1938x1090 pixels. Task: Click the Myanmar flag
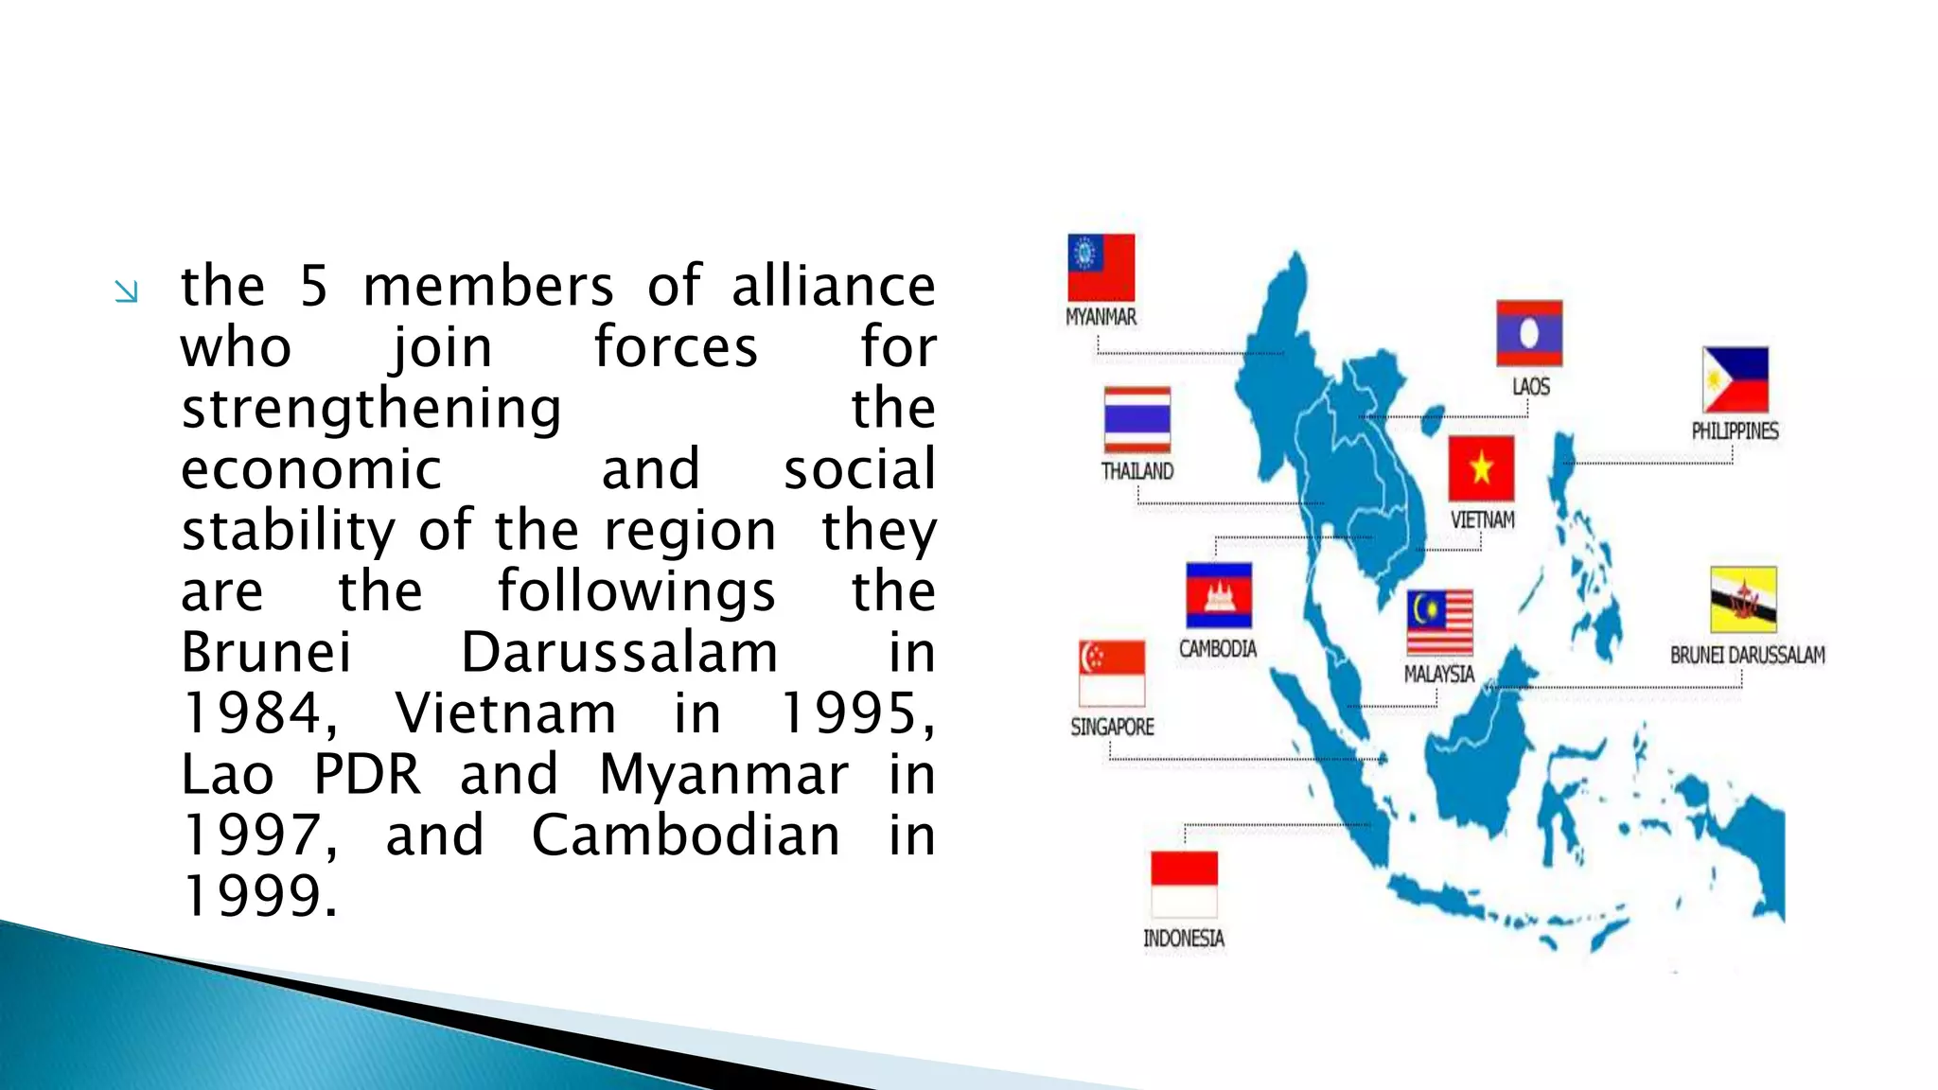(1101, 268)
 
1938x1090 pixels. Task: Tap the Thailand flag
(1136, 419)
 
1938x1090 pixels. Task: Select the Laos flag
(1528, 333)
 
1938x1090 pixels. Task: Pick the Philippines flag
(1735, 379)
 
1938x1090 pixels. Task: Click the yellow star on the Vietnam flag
(1481, 467)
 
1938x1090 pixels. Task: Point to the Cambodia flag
(1218, 596)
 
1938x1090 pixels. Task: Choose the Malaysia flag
(1439, 623)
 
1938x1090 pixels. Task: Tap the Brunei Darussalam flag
(1743, 600)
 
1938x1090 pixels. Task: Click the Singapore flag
(1112, 673)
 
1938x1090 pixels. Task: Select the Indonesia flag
(1184, 884)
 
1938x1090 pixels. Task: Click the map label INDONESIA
(1184, 939)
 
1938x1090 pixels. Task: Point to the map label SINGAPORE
(1112, 727)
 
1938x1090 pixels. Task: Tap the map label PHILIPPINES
(1735, 431)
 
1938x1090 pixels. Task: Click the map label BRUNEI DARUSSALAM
(1747, 655)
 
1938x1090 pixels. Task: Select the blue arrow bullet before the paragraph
(126, 291)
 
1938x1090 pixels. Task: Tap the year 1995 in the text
(855, 713)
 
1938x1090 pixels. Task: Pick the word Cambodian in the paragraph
(685, 836)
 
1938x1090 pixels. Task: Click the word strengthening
(371, 409)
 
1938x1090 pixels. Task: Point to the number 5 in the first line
(314, 286)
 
